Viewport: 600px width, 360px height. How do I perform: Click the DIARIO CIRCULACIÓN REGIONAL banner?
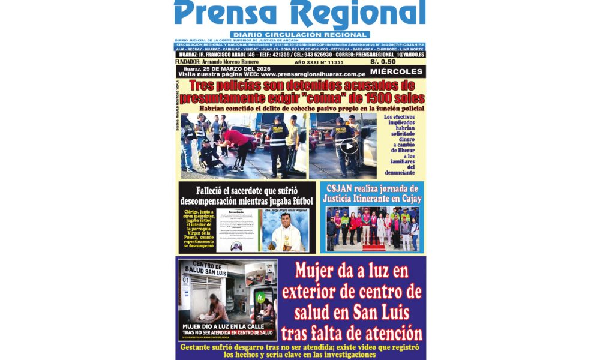click(300, 35)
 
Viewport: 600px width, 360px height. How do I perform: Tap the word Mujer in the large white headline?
click(317, 272)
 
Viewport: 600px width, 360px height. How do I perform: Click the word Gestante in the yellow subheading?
click(203, 347)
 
